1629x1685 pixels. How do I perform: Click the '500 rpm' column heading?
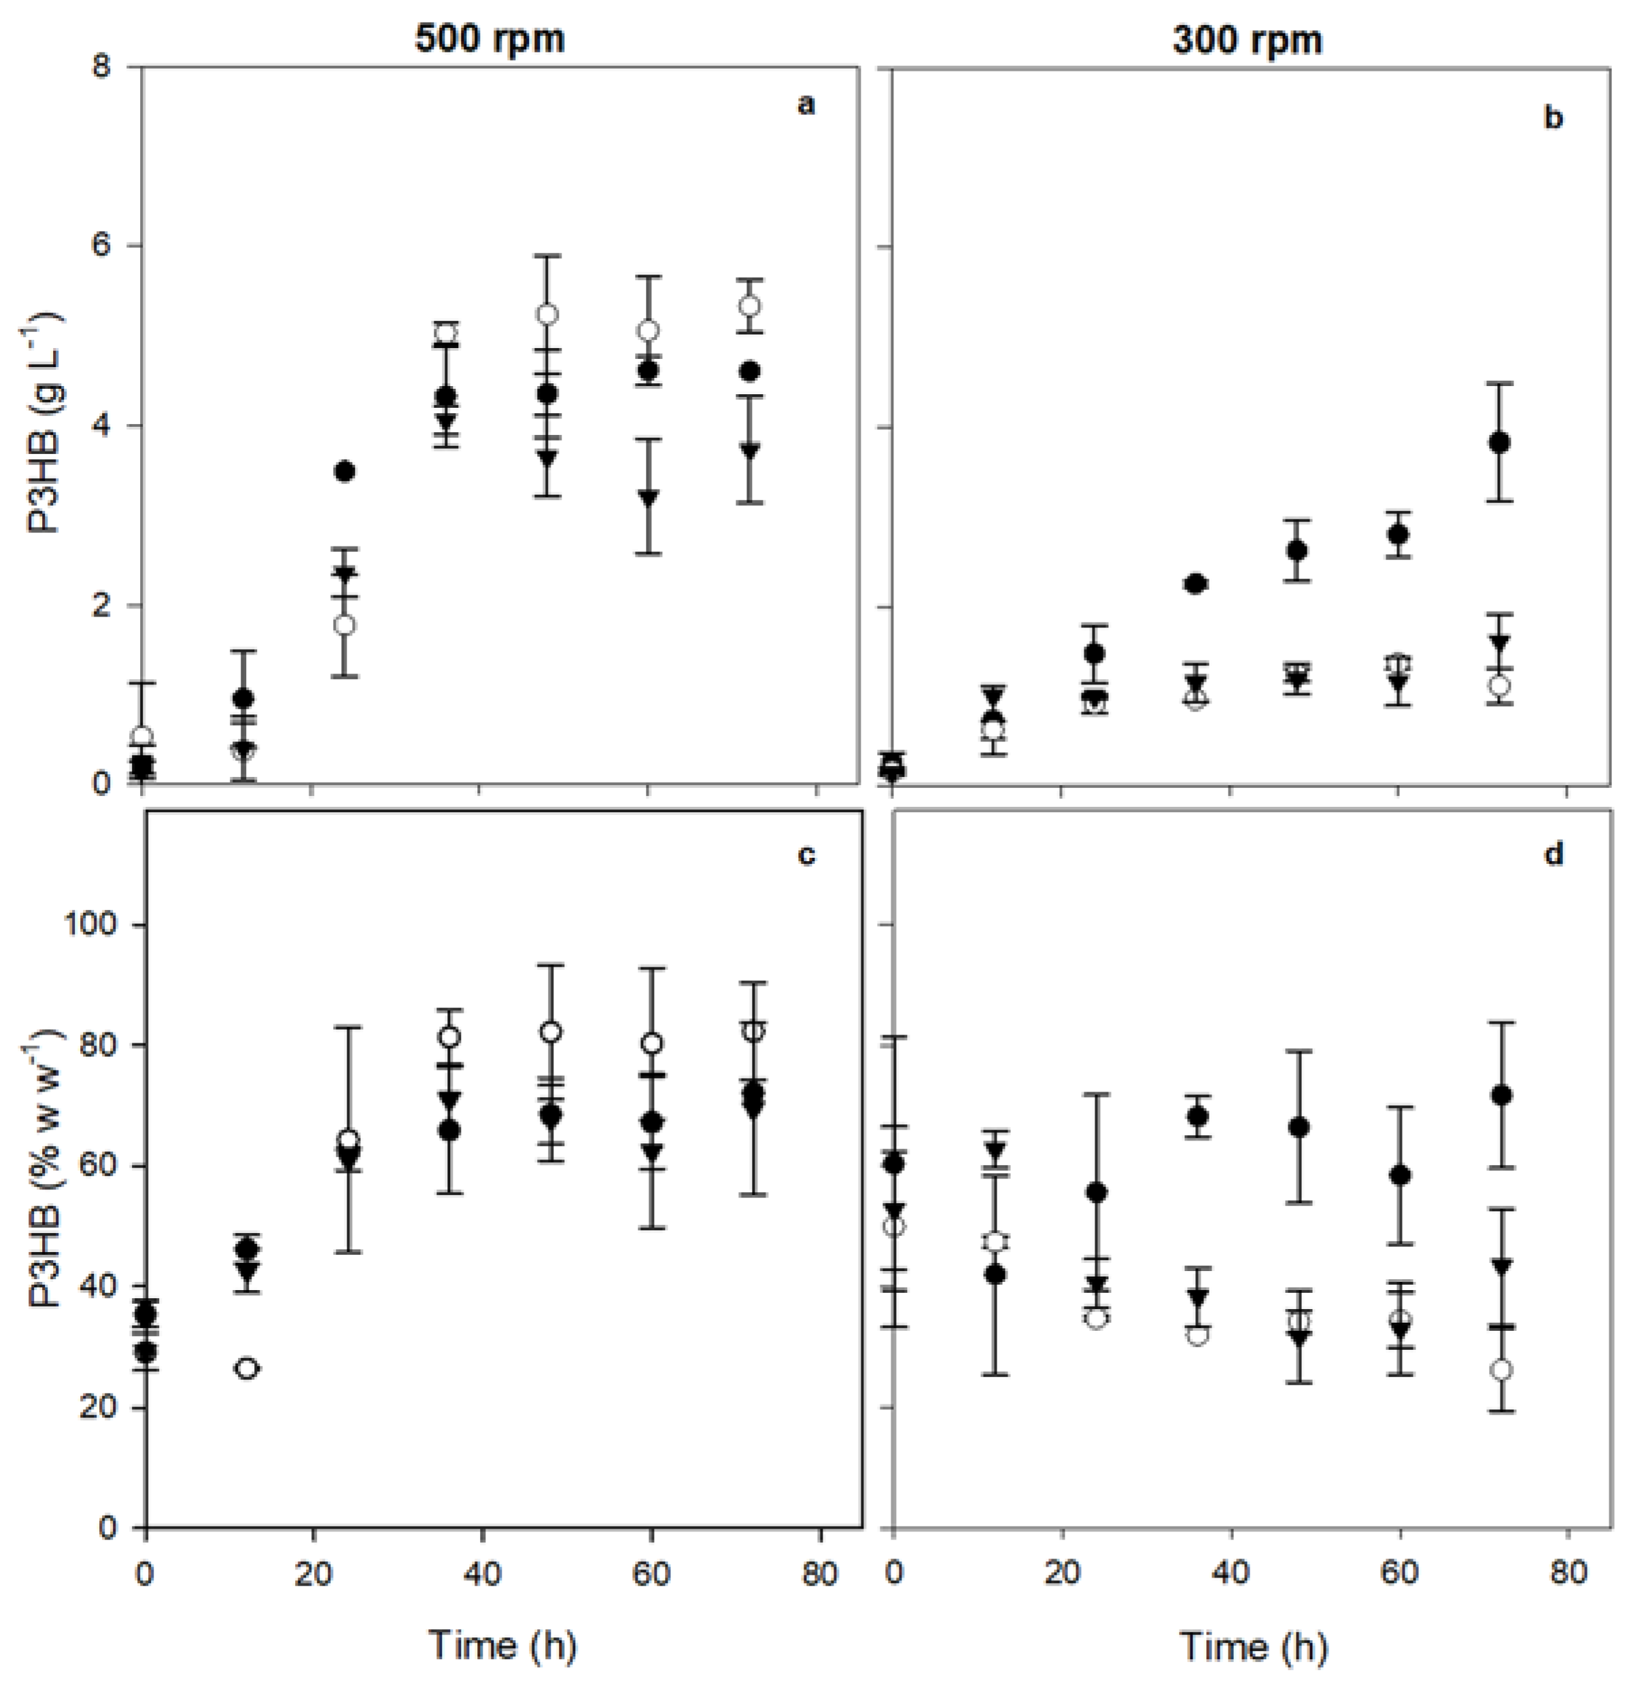(490, 39)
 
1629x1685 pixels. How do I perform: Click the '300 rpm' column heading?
(1246, 40)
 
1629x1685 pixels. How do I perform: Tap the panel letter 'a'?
(805, 106)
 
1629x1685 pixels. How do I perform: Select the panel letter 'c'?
(806, 855)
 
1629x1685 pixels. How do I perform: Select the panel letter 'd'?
(1554, 855)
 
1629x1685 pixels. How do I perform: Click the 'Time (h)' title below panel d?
(1253, 1646)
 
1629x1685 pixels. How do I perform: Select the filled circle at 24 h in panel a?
(345, 471)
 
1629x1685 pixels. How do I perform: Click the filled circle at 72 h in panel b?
(1500, 442)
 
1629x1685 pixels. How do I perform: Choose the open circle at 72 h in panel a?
(750, 306)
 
